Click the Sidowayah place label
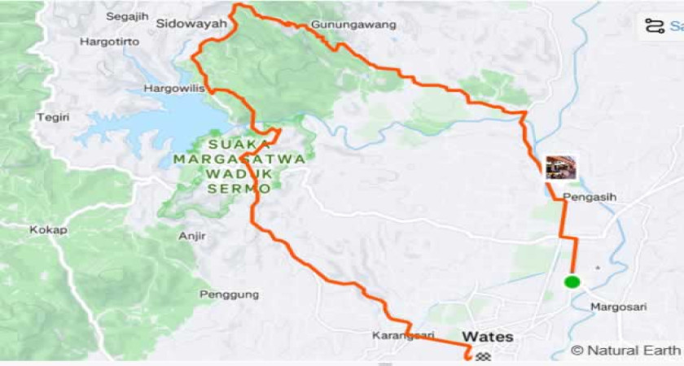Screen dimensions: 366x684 click(x=191, y=24)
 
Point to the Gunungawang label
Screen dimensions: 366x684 click(x=353, y=25)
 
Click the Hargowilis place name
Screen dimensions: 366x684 click(x=173, y=88)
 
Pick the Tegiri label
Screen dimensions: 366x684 click(x=52, y=118)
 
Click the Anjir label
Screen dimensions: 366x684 click(x=191, y=237)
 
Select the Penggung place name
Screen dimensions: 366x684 click(x=229, y=294)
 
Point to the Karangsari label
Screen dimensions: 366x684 click(x=403, y=335)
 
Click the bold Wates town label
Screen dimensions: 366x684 click(x=488, y=337)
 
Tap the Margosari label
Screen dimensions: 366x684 click(x=618, y=307)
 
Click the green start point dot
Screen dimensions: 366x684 click(x=572, y=282)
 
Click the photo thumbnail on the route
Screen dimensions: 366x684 click(x=560, y=168)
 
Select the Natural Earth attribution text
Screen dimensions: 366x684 click(x=625, y=351)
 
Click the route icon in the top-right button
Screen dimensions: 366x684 click(x=654, y=26)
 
